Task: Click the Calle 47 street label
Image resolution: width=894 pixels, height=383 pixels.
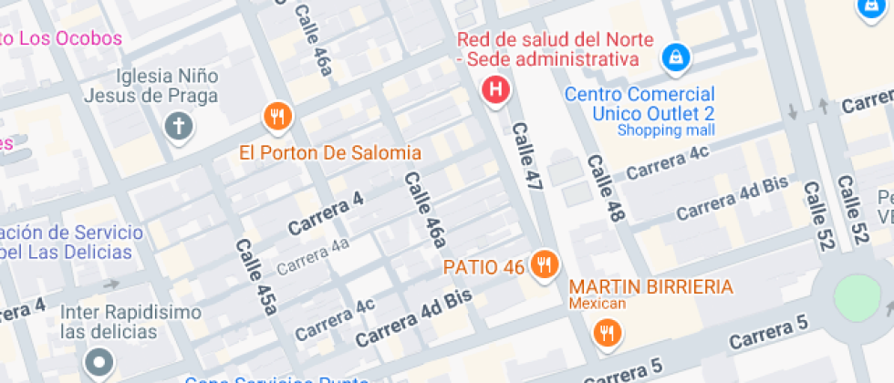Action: (x=526, y=157)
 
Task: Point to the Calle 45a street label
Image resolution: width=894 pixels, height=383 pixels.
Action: (x=255, y=276)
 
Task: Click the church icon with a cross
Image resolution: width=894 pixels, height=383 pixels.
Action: (x=179, y=126)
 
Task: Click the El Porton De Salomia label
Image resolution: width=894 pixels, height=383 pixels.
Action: (x=330, y=152)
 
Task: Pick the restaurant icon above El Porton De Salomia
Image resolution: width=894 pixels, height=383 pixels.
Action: (x=277, y=116)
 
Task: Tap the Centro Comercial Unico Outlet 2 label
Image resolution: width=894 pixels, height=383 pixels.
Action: (x=639, y=103)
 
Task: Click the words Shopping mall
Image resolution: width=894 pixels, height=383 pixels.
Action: (x=666, y=129)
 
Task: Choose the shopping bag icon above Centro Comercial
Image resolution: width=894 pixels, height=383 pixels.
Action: (x=675, y=58)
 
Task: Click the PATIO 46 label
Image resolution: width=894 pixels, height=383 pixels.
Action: (x=483, y=267)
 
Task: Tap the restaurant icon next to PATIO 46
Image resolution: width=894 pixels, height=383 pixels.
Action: (x=545, y=264)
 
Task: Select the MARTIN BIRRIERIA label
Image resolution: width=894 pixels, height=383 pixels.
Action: (x=651, y=287)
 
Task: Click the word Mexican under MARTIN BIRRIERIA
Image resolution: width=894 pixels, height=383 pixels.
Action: (x=598, y=304)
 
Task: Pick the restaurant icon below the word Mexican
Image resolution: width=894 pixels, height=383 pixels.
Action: (x=607, y=333)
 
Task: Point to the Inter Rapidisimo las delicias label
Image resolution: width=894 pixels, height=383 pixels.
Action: (x=130, y=322)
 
